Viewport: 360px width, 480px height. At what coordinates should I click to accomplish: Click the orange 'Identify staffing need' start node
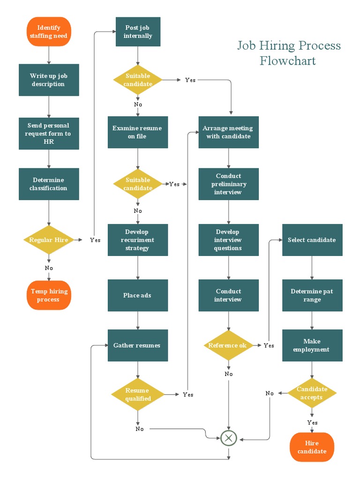(49, 32)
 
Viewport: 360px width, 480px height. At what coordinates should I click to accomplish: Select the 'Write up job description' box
(49, 80)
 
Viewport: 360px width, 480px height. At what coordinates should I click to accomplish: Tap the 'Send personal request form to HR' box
(49, 134)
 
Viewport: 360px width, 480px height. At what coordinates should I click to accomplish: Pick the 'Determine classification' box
(49, 184)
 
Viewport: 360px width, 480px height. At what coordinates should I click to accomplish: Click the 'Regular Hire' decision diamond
(49, 240)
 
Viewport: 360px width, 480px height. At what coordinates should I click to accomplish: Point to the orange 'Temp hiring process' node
(49, 295)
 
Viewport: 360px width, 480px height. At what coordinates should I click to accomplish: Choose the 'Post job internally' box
(138, 32)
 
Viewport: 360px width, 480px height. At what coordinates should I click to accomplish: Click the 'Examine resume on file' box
(138, 132)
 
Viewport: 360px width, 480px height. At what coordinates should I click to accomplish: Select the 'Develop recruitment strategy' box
(138, 240)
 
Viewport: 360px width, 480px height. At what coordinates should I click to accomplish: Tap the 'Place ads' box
(138, 295)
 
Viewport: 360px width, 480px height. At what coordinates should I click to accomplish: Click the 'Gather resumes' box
(138, 345)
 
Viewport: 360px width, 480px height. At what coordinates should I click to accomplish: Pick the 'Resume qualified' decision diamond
(138, 395)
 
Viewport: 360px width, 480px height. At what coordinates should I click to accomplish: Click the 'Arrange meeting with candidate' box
(228, 132)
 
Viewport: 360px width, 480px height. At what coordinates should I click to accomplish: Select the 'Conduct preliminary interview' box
(228, 184)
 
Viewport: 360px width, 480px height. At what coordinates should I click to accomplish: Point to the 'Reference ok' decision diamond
(228, 345)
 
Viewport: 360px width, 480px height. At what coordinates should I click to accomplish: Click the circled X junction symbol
(229, 438)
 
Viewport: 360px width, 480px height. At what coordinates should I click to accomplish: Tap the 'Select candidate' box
(312, 240)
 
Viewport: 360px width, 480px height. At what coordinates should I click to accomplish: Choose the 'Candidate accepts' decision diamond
(312, 393)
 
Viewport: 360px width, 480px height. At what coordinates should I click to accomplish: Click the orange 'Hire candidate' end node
(312, 447)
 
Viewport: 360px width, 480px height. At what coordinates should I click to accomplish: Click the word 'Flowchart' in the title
(288, 61)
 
